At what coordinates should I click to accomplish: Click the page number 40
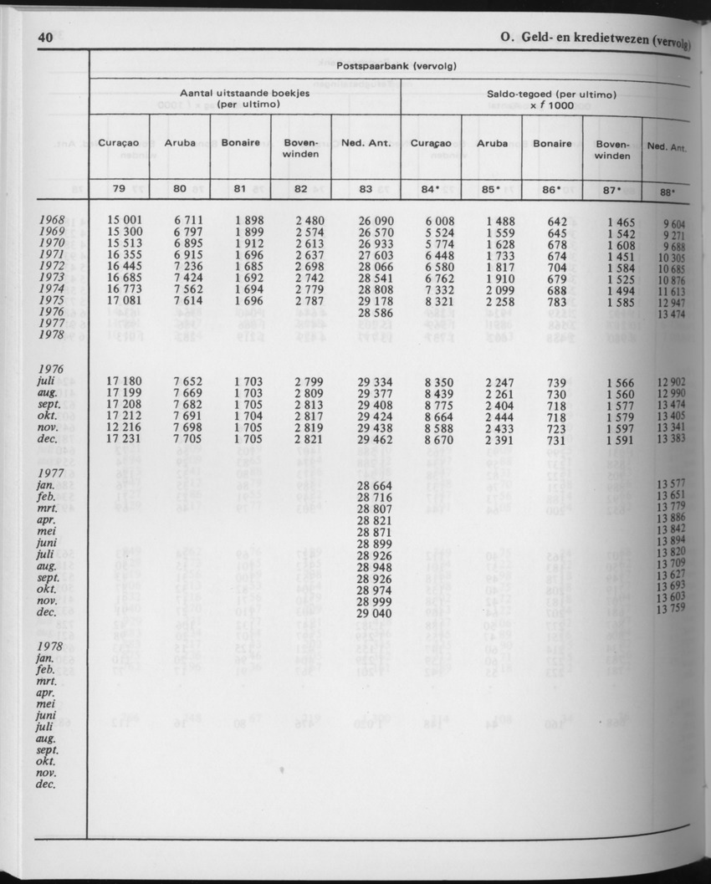[45, 38]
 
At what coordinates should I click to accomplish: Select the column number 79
[119, 188]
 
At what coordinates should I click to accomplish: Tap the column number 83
[366, 189]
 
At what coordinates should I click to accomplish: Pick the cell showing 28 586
[375, 311]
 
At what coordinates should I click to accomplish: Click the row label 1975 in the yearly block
[52, 300]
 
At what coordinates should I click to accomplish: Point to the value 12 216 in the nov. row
[125, 427]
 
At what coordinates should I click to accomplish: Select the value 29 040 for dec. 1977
[375, 612]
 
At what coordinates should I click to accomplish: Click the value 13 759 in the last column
[671, 608]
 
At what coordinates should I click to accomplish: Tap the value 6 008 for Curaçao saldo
[440, 221]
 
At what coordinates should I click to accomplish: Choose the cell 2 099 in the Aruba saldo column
[501, 289]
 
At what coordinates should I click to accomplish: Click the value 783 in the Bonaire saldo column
[557, 300]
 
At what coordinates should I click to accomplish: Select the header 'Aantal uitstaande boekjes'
[245, 93]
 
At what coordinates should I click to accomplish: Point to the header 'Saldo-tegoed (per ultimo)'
[550, 95]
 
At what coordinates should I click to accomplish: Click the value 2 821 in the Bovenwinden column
[309, 438]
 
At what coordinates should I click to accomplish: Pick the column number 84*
[431, 189]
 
